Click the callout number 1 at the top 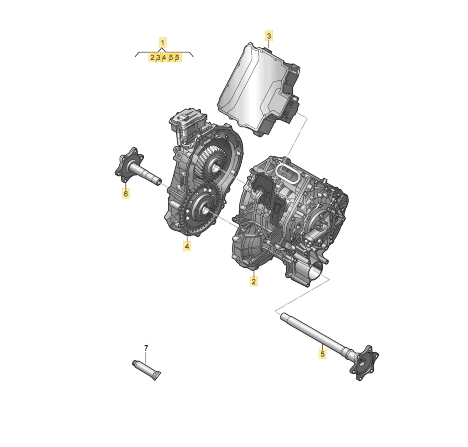point(163,43)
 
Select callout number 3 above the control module point(269,36)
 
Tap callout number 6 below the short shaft point(126,193)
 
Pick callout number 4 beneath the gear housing point(187,246)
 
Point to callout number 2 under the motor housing point(253,281)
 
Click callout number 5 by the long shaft point(323,354)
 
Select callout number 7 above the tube point(146,348)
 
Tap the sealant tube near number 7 point(147,370)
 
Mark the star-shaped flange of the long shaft point(364,363)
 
